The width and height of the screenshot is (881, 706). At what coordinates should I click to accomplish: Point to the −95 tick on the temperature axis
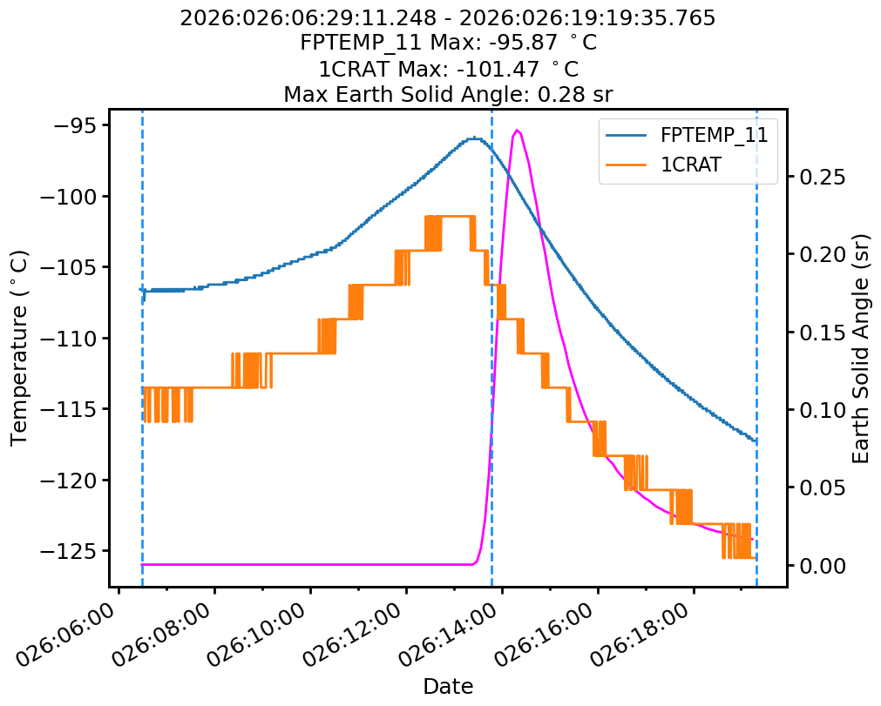73,125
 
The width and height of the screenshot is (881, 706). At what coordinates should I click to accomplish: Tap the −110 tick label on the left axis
67,338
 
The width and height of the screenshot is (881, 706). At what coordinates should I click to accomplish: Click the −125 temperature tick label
67,550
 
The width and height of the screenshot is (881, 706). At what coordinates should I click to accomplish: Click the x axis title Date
448,686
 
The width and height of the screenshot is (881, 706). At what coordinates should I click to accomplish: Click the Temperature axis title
19,347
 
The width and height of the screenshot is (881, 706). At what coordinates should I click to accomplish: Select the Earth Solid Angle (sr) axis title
861,347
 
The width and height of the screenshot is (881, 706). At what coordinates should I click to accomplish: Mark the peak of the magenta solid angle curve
518,131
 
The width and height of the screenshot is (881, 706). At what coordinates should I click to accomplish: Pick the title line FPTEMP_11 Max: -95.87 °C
448,43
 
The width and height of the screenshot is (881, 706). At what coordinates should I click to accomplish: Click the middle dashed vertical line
491,348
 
